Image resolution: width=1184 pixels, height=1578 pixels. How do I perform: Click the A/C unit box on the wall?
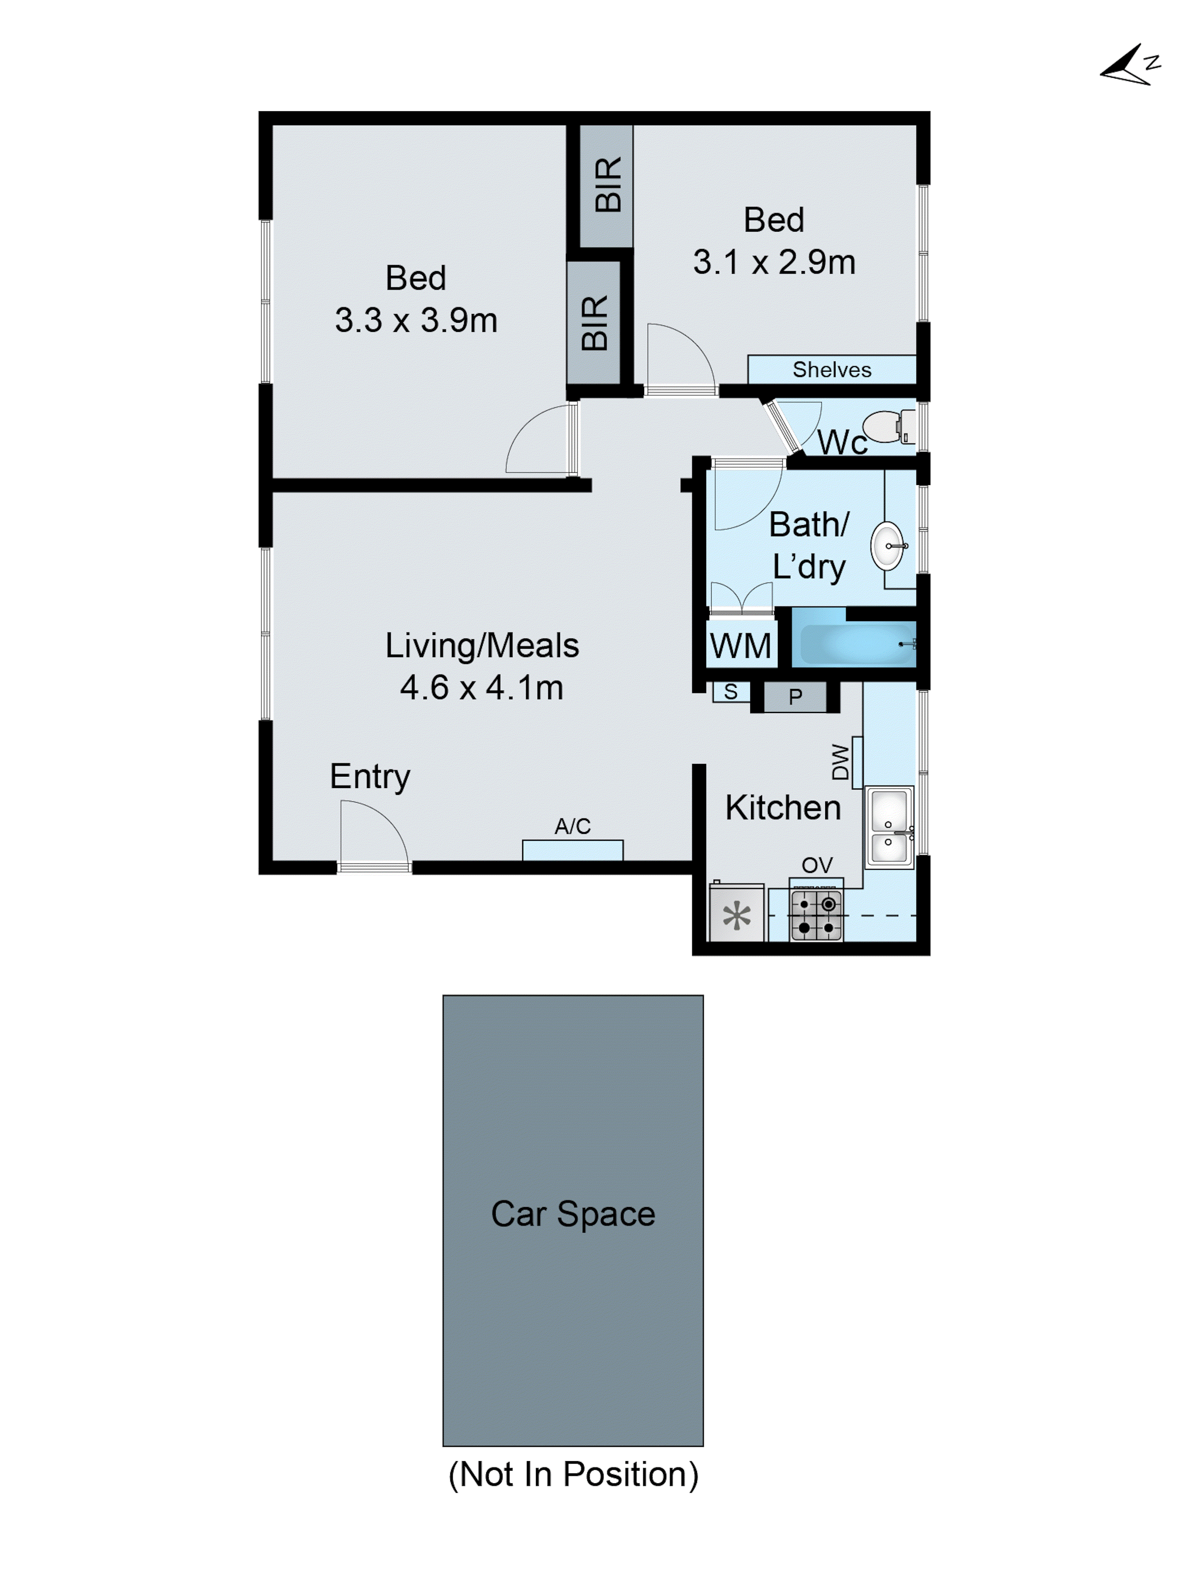pos(572,850)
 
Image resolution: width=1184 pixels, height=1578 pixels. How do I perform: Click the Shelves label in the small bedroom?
pos(832,369)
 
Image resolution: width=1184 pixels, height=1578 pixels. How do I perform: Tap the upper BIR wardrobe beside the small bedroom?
pos(607,185)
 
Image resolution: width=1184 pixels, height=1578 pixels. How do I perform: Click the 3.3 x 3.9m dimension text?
pos(416,320)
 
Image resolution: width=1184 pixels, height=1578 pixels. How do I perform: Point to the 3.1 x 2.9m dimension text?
pos(774,262)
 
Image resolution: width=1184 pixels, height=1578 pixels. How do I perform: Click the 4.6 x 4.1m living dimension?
pos(482,688)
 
